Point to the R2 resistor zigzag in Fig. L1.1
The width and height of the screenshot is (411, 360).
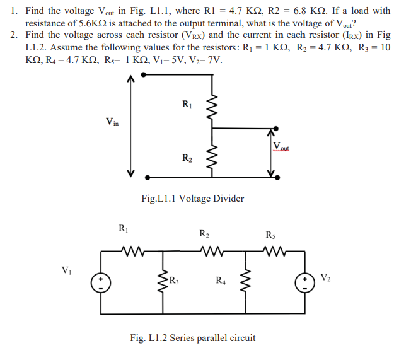(x=212, y=158)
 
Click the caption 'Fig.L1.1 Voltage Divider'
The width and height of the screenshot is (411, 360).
(x=192, y=199)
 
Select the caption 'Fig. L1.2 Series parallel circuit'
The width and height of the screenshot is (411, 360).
(x=192, y=337)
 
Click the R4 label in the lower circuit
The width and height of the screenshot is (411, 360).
(x=221, y=281)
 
